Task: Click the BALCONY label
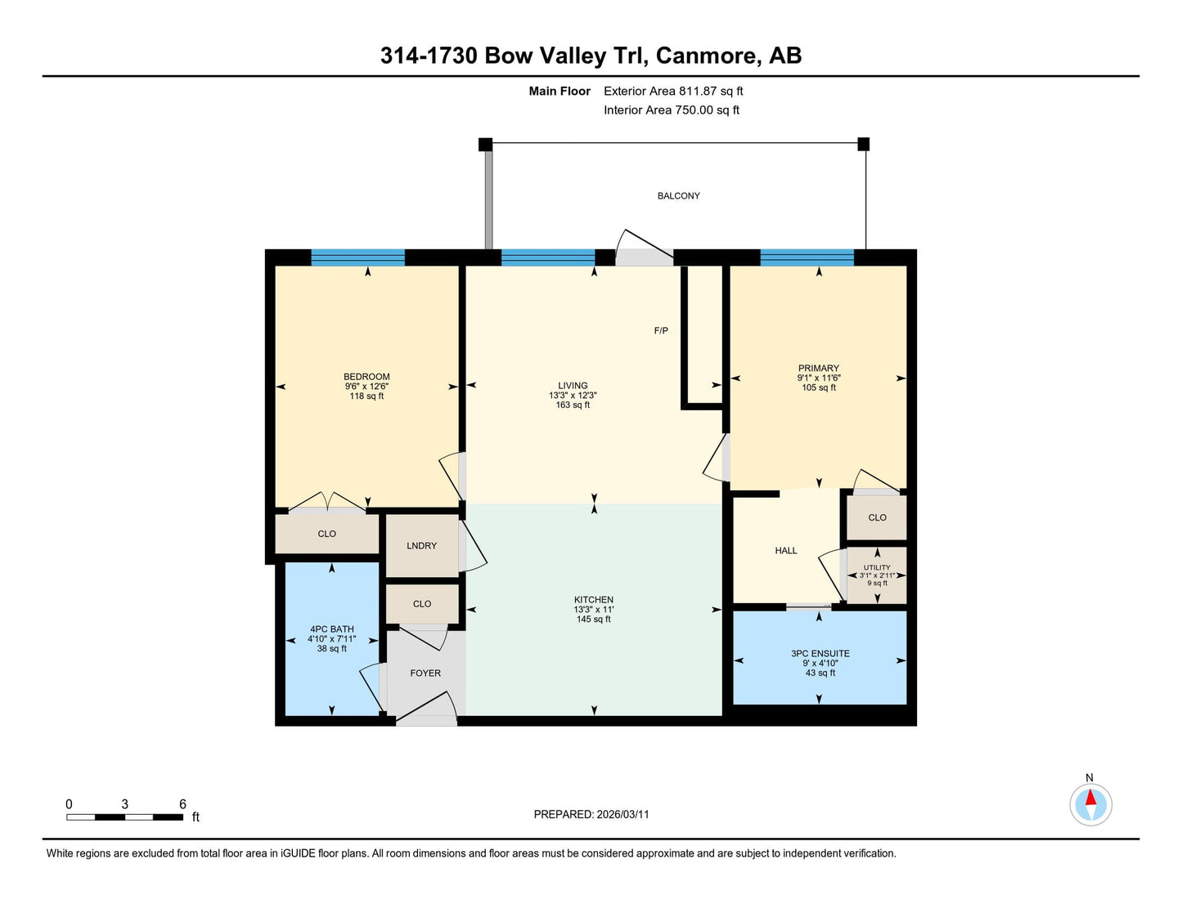pyautogui.click(x=678, y=195)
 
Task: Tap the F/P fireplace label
pyautogui.click(x=661, y=330)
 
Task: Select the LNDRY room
pyautogui.click(x=421, y=546)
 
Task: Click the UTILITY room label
pyautogui.click(x=877, y=567)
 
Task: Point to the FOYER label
pyautogui.click(x=425, y=673)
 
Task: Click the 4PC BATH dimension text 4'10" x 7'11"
pyautogui.click(x=332, y=639)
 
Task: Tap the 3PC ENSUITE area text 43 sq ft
pyautogui.click(x=820, y=673)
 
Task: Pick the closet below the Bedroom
pyautogui.click(x=327, y=534)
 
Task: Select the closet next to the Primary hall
pyautogui.click(x=877, y=517)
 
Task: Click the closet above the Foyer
pyautogui.click(x=422, y=604)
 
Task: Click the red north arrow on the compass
pyautogui.click(x=1090, y=797)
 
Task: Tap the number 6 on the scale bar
pyautogui.click(x=182, y=804)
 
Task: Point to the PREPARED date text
pyautogui.click(x=591, y=814)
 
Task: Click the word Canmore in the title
pyautogui.click(x=706, y=56)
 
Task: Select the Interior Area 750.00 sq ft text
pyautogui.click(x=672, y=110)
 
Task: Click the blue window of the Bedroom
pyautogui.click(x=358, y=257)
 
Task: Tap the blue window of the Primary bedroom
pyautogui.click(x=807, y=257)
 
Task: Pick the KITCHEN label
pyautogui.click(x=593, y=599)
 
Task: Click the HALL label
pyautogui.click(x=786, y=551)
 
